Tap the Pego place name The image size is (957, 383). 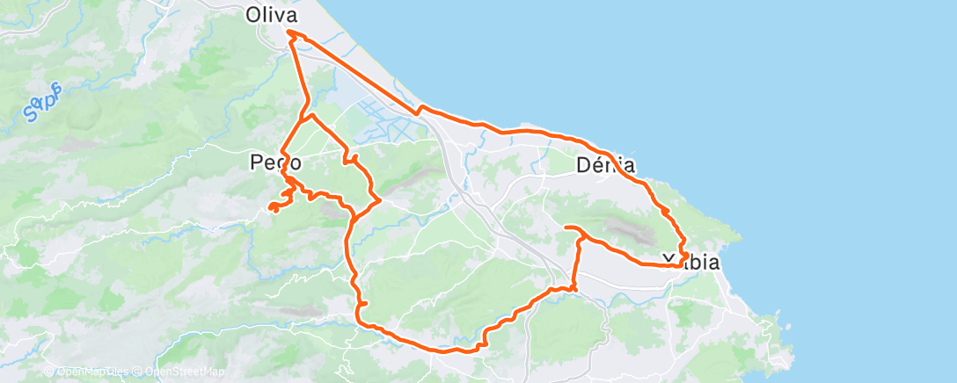point(276,163)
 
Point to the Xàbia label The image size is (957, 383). point(690,262)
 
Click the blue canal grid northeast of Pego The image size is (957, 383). point(378,123)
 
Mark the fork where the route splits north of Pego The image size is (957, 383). point(303,117)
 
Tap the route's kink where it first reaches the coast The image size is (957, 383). point(420,109)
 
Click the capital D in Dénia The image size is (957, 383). point(583,164)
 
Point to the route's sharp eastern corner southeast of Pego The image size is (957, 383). point(378,201)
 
